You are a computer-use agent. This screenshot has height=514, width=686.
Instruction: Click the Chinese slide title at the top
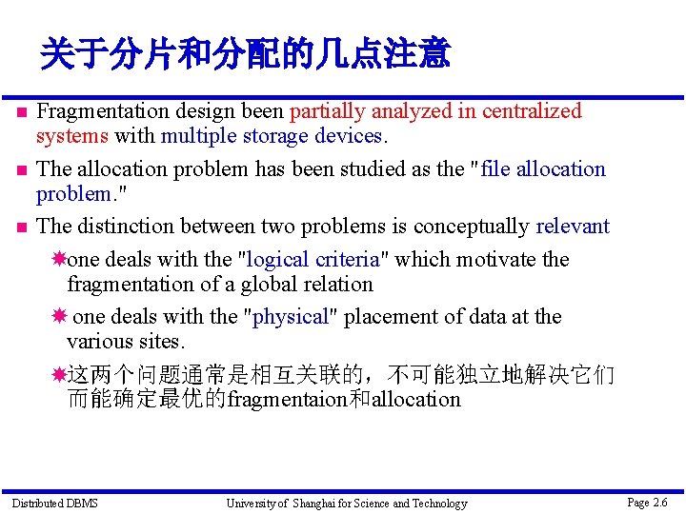[244, 54]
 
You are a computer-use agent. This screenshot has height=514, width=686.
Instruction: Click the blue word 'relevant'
[573, 227]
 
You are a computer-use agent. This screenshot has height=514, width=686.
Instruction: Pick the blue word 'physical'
[290, 317]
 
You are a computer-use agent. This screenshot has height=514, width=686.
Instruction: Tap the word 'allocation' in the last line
[415, 400]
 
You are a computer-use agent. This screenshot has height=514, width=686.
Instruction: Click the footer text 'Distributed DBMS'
[54, 503]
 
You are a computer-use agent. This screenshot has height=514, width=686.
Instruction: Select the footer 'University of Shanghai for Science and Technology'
[346, 503]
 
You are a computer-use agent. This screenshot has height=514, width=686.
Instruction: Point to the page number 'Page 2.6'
[647, 502]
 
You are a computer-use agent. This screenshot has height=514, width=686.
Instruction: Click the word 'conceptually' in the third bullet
[472, 227]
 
